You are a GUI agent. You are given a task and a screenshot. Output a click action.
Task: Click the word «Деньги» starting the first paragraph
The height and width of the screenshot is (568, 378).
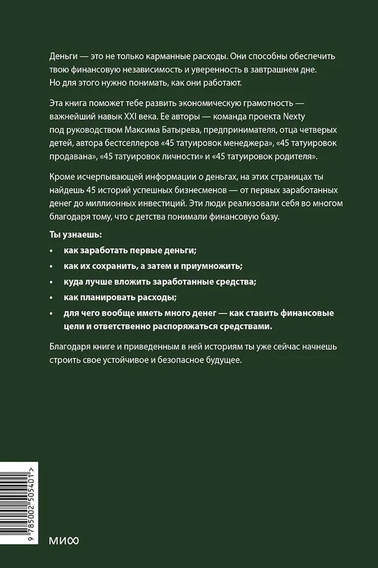pos(63,57)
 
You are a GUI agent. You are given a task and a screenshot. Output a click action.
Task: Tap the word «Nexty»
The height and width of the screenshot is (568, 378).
pos(294,116)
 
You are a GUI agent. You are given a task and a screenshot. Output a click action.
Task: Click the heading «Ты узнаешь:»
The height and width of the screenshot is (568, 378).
pos(76,235)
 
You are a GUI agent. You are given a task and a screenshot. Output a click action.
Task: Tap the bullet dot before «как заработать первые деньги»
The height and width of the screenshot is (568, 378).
pos(51,251)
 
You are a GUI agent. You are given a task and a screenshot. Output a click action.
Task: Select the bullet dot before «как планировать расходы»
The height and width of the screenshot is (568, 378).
pos(51,298)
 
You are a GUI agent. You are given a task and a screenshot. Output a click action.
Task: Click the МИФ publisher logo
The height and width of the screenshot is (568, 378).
pos(64,541)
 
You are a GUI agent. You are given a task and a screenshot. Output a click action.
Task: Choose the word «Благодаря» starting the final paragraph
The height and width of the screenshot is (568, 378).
pos(68,347)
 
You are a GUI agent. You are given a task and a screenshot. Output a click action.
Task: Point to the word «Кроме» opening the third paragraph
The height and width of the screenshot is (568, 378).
pos(62,177)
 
